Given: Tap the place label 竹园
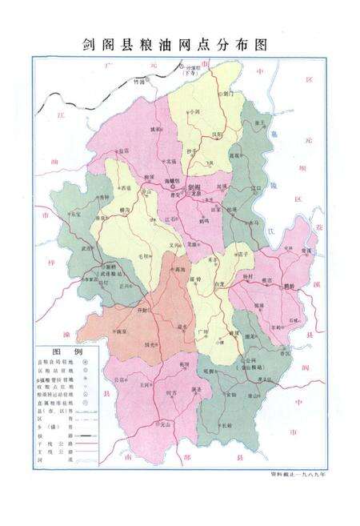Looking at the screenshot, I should (x=140, y=82).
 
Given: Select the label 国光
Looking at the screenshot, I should (x=149, y=345).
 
